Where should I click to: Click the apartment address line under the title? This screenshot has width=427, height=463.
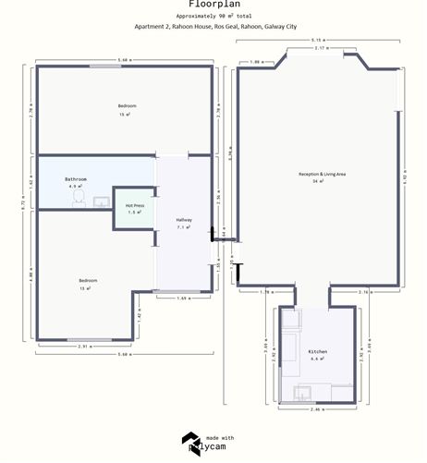coord(215,27)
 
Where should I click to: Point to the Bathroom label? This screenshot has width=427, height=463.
coord(76,178)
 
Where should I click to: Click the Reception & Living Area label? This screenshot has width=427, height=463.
coord(322,173)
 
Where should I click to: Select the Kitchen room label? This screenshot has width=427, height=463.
coord(318,352)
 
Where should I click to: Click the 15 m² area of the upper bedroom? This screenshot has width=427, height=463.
coord(127,115)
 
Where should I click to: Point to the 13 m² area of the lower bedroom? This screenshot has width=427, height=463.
coord(86,287)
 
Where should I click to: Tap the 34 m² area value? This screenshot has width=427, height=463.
coord(322,181)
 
